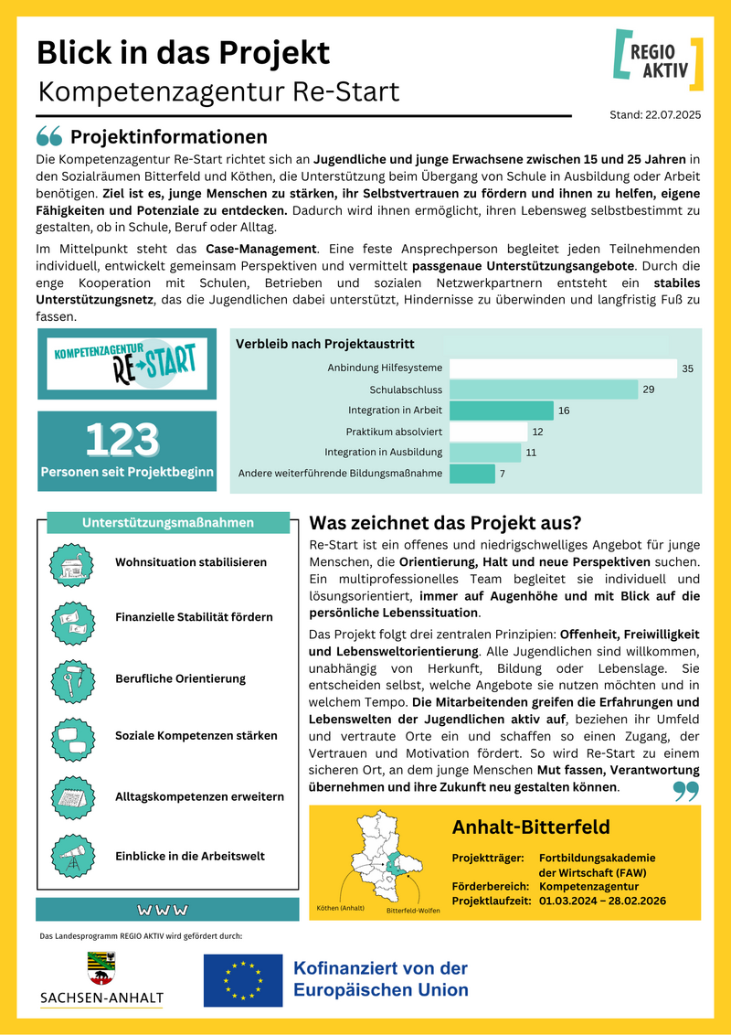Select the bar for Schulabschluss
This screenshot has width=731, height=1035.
(544, 389)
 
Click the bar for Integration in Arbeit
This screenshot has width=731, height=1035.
(502, 411)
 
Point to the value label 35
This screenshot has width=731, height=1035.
(687, 368)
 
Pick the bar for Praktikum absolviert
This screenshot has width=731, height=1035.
(489, 432)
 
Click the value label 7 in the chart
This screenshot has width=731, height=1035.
(502, 474)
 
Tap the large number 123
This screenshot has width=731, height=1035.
(122, 440)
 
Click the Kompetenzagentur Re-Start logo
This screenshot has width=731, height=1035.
(127, 363)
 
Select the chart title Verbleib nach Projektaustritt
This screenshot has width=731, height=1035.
(324, 345)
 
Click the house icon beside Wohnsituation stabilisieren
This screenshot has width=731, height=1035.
(72, 562)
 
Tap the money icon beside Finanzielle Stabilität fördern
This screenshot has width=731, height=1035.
(72, 618)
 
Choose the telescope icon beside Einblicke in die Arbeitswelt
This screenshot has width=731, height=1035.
(72, 856)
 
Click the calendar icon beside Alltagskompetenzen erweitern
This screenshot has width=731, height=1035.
(72, 796)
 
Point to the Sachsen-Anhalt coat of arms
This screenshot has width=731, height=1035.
(101, 967)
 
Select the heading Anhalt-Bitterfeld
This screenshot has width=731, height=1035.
(531, 828)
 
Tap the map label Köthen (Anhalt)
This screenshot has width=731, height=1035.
(340, 908)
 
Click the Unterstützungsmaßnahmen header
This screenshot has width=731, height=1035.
(168, 523)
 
